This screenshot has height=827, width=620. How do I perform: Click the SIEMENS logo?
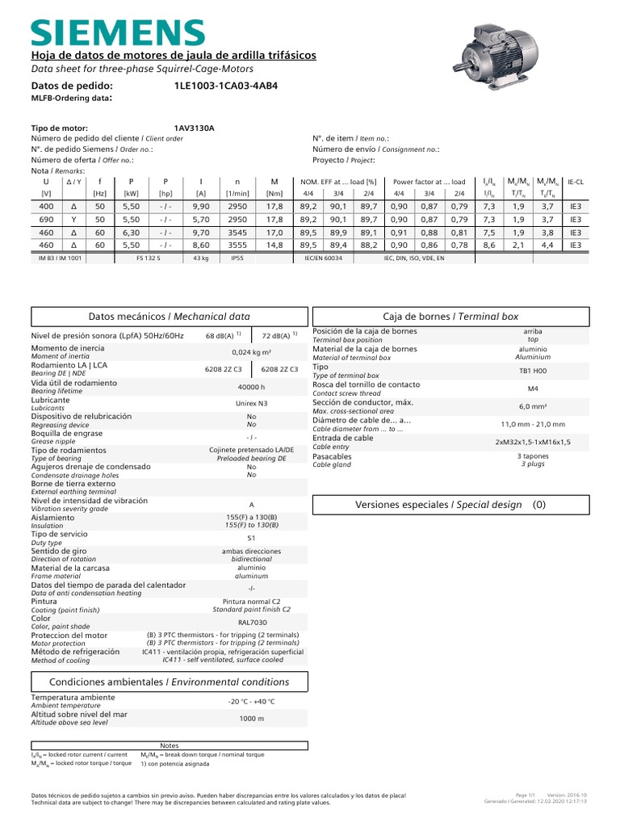point(118,31)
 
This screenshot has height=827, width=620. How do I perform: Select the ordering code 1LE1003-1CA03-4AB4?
point(225,85)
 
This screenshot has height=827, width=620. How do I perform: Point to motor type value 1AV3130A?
point(195,128)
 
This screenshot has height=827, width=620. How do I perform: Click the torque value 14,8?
point(274,244)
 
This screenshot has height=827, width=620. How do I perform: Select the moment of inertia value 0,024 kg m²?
point(251,352)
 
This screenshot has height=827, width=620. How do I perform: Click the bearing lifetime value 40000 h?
point(251,387)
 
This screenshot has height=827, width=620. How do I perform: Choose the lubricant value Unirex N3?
point(251,402)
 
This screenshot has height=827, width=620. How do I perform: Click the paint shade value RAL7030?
point(251,623)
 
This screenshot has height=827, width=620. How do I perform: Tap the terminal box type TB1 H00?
point(533,370)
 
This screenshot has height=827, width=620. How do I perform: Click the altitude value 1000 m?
point(251,718)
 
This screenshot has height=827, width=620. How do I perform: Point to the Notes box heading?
point(170,745)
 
